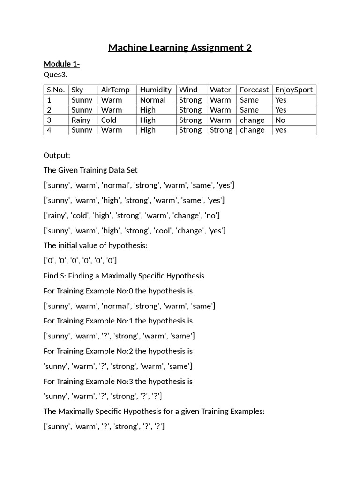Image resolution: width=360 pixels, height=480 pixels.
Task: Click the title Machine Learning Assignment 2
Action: (x=180, y=48)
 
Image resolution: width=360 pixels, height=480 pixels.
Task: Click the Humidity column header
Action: (x=156, y=90)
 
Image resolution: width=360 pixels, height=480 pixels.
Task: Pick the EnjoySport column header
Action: (x=293, y=90)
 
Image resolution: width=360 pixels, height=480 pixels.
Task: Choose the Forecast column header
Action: (x=254, y=90)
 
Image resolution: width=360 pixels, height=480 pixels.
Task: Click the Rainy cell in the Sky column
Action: (x=81, y=120)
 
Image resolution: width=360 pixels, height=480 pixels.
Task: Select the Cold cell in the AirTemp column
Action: (x=109, y=120)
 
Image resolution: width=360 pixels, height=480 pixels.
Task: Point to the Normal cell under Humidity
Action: (x=153, y=100)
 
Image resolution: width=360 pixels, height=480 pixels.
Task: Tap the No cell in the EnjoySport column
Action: (x=280, y=120)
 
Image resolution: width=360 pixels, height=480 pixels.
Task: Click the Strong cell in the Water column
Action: (x=221, y=130)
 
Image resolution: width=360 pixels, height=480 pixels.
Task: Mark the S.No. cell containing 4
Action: (x=49, y=130)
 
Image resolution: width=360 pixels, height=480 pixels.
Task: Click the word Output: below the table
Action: (x=57, y=155)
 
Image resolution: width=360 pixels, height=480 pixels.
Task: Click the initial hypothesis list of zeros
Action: (x=80, y=261)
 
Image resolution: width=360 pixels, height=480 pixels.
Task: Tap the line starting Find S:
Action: (x=124, y=276)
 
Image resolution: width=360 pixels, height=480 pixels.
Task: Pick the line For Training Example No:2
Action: (x=118, y=351)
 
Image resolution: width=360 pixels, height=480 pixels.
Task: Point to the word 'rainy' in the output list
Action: (x=56, y=216)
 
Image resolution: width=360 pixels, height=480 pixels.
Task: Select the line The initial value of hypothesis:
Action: (x=95, y=246)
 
